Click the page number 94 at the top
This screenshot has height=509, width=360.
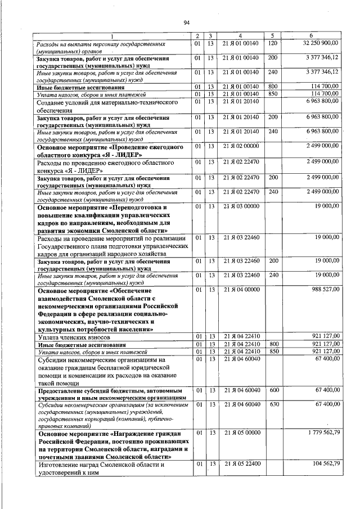coord(186,22)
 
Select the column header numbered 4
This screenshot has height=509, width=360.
coord(240,37)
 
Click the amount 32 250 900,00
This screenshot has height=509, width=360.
coord(320,43)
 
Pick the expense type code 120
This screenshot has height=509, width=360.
coord(273,43)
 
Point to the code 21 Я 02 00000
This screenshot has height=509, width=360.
coord(240,146)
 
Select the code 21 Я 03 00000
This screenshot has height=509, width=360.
coord(240,207)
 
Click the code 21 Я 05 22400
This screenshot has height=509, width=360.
coord(240,465)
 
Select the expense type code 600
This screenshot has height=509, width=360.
coord(274,389)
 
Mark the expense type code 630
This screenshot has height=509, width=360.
coord(274,404)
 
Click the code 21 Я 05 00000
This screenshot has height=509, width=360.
coord(240,433)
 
